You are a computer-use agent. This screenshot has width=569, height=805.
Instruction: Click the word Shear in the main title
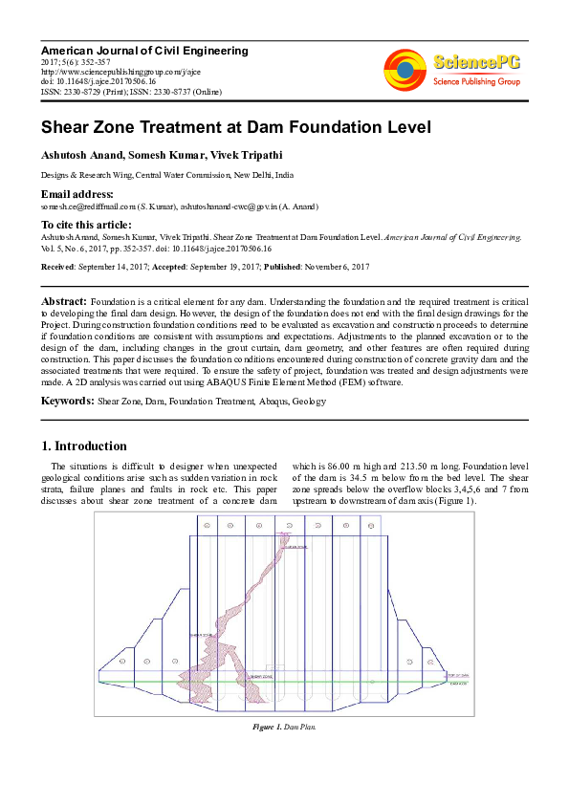point(67,126)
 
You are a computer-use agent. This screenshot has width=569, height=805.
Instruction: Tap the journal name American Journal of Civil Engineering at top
point(143,50)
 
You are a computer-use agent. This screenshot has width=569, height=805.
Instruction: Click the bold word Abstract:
point(63,300)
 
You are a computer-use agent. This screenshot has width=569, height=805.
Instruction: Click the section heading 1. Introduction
point(84,446)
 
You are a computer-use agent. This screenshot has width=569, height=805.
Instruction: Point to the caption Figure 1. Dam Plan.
point(284,728)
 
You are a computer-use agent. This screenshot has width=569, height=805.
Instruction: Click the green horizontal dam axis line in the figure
point(287,678)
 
